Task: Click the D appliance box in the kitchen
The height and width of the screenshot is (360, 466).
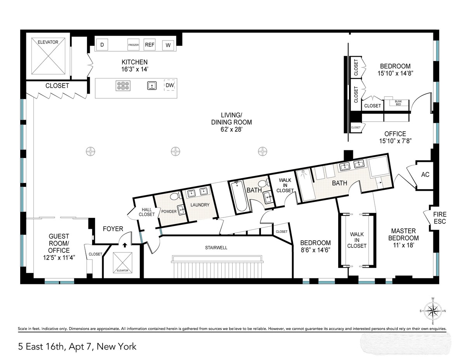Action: tap(102, 45)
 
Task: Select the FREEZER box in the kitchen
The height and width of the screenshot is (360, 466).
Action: tap(134, 45)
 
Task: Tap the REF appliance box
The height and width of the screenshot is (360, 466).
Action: tap(150, 45)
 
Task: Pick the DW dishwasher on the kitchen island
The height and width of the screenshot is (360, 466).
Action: tap(170, 85)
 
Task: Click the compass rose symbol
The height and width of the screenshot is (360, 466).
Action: tap(432, 311)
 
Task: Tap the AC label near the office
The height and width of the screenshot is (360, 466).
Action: tap(425, 175)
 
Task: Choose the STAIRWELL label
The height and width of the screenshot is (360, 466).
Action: tap(216, 247)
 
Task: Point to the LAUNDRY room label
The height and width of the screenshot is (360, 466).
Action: tap(200, 205)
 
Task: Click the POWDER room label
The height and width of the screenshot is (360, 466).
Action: tap(169, 211)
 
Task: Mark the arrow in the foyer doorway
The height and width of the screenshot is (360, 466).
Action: tap(124, 245)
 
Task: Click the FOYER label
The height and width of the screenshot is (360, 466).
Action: tap(113, 229)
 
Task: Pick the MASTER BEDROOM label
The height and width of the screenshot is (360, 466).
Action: tap(405, 235)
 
